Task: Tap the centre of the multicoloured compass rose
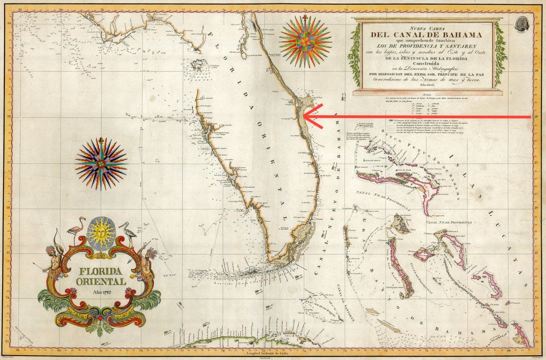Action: pyautogui.click(x=305, y=42)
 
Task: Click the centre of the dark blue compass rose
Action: pyautogui.click(x=101, y=163)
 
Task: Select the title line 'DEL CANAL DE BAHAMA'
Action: pyautogui.click(x=427, y=34)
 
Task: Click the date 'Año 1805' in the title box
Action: pyautogui.click(x=427, y=85)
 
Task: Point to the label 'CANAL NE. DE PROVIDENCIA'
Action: pyautogui.click(x=448, y=222)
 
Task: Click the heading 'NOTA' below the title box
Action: pyautogui.click(x=427, y=94)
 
